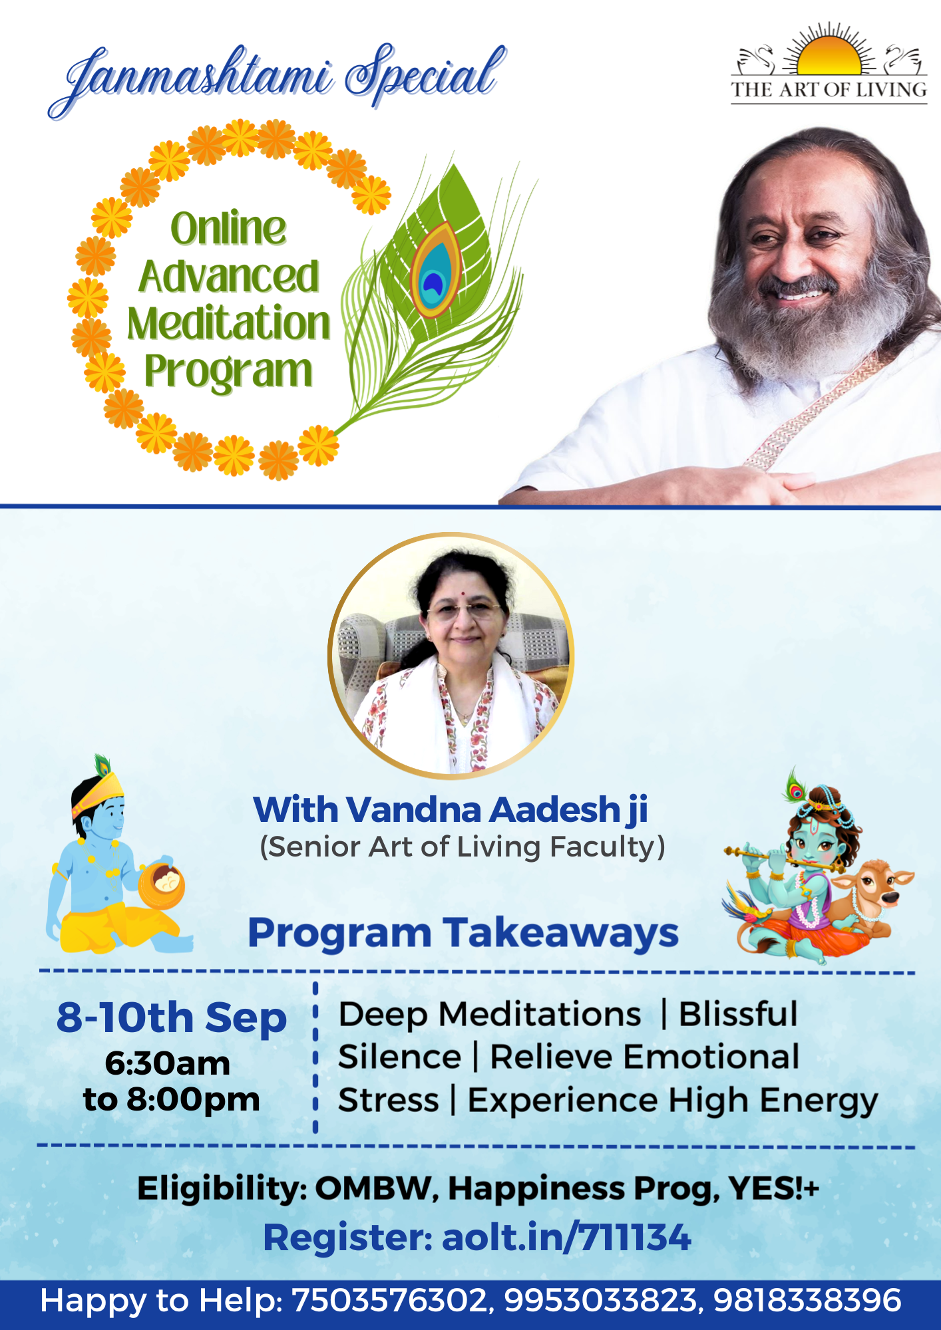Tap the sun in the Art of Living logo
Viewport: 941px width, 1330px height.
tap(829, 55)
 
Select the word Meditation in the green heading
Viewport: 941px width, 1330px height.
tap(229, 324)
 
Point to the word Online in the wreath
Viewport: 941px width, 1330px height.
tap(228, 228)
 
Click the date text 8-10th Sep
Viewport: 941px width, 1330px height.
tap(172, 1017)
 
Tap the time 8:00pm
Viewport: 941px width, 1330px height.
tap(193, 1099)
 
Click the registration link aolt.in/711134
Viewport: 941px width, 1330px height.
tap(566, 1238)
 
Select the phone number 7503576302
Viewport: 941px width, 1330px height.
tap(391, 1301)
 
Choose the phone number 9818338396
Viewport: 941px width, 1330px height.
tap(807, 1301)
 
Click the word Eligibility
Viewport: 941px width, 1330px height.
tap(222, 1188)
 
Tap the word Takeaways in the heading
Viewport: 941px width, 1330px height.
tap(561, 932)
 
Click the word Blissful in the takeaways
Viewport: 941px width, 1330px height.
tap(738, 1014)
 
